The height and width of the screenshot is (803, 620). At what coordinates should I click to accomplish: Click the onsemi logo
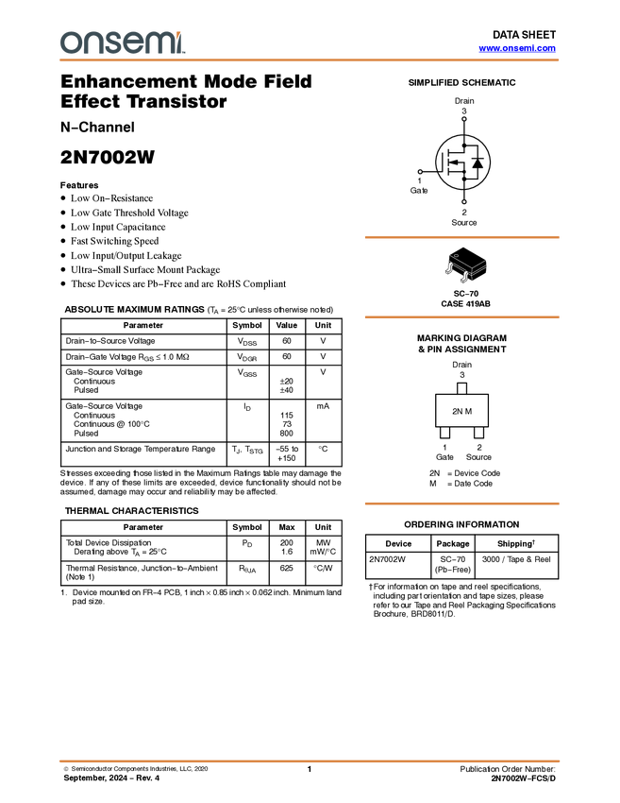122,43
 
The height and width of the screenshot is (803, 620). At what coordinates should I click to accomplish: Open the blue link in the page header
517,48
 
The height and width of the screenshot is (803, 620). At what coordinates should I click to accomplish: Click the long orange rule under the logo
310,60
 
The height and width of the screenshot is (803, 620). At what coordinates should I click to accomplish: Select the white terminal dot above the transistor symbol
463,119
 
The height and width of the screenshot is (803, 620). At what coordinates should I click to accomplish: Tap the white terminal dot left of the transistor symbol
420,172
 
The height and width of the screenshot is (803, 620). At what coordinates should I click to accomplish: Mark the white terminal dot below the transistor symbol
463,201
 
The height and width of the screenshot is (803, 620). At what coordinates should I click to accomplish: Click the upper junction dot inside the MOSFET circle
463,145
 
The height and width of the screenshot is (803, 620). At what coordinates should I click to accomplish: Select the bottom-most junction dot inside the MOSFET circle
463,178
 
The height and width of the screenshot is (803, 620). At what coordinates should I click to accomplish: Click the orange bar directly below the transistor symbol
461,237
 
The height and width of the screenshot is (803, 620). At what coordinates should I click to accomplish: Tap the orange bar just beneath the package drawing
461,317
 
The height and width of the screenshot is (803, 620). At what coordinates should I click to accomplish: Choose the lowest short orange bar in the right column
461,504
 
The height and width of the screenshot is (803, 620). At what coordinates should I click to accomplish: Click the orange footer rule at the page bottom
310,760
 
